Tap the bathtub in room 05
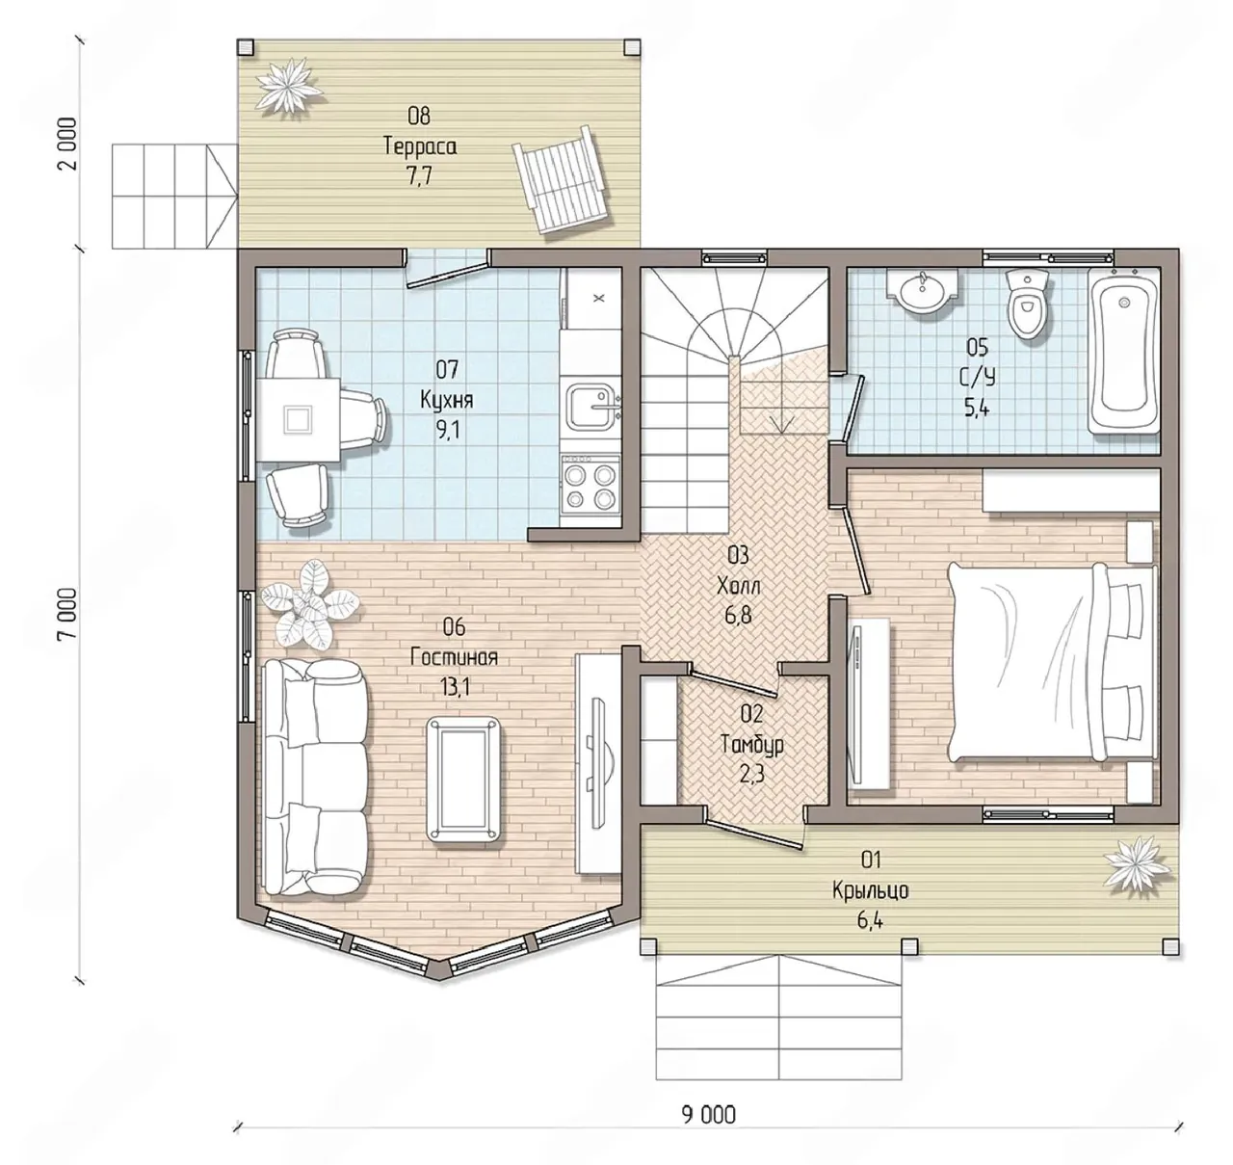[x=1124, y=351]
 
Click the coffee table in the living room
[x=463, y=781]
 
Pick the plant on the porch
[x=1138, y=863]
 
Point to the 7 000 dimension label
[x=67, y=614]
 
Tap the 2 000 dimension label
[x=67, y=145]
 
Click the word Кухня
[x=446, y=400]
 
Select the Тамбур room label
[x=752, y=744]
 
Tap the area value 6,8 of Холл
[x=738, y=615]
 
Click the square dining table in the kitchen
[x=298, y=419]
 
